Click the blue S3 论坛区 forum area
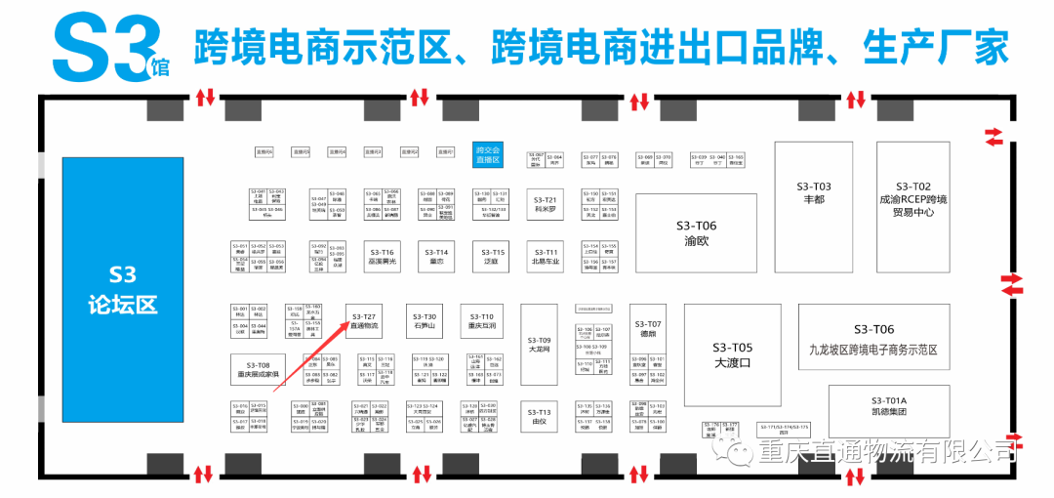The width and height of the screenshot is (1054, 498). (x=124, y=289)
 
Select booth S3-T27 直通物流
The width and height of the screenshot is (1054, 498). (x=364, y=320)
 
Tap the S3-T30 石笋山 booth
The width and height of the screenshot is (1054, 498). (x=424, y=321)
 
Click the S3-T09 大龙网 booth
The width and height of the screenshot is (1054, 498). (x=540, y=343)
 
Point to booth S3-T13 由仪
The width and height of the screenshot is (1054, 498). (x=540, y=417)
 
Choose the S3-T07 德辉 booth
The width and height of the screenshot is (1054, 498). (x=648, y=328)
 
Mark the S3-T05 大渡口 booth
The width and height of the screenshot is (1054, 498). (x=732, y=354)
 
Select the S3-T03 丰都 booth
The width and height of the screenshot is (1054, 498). (x=813, y=191)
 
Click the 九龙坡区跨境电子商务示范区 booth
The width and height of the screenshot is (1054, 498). (x=873, y=336)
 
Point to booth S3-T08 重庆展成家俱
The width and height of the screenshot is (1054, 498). (x=257, y=369)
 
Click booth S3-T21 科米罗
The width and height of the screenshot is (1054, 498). (x=545, y=204)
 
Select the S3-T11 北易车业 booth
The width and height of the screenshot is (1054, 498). (x=545, y=257)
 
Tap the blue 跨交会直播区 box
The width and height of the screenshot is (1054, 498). (x=487, y=154)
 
